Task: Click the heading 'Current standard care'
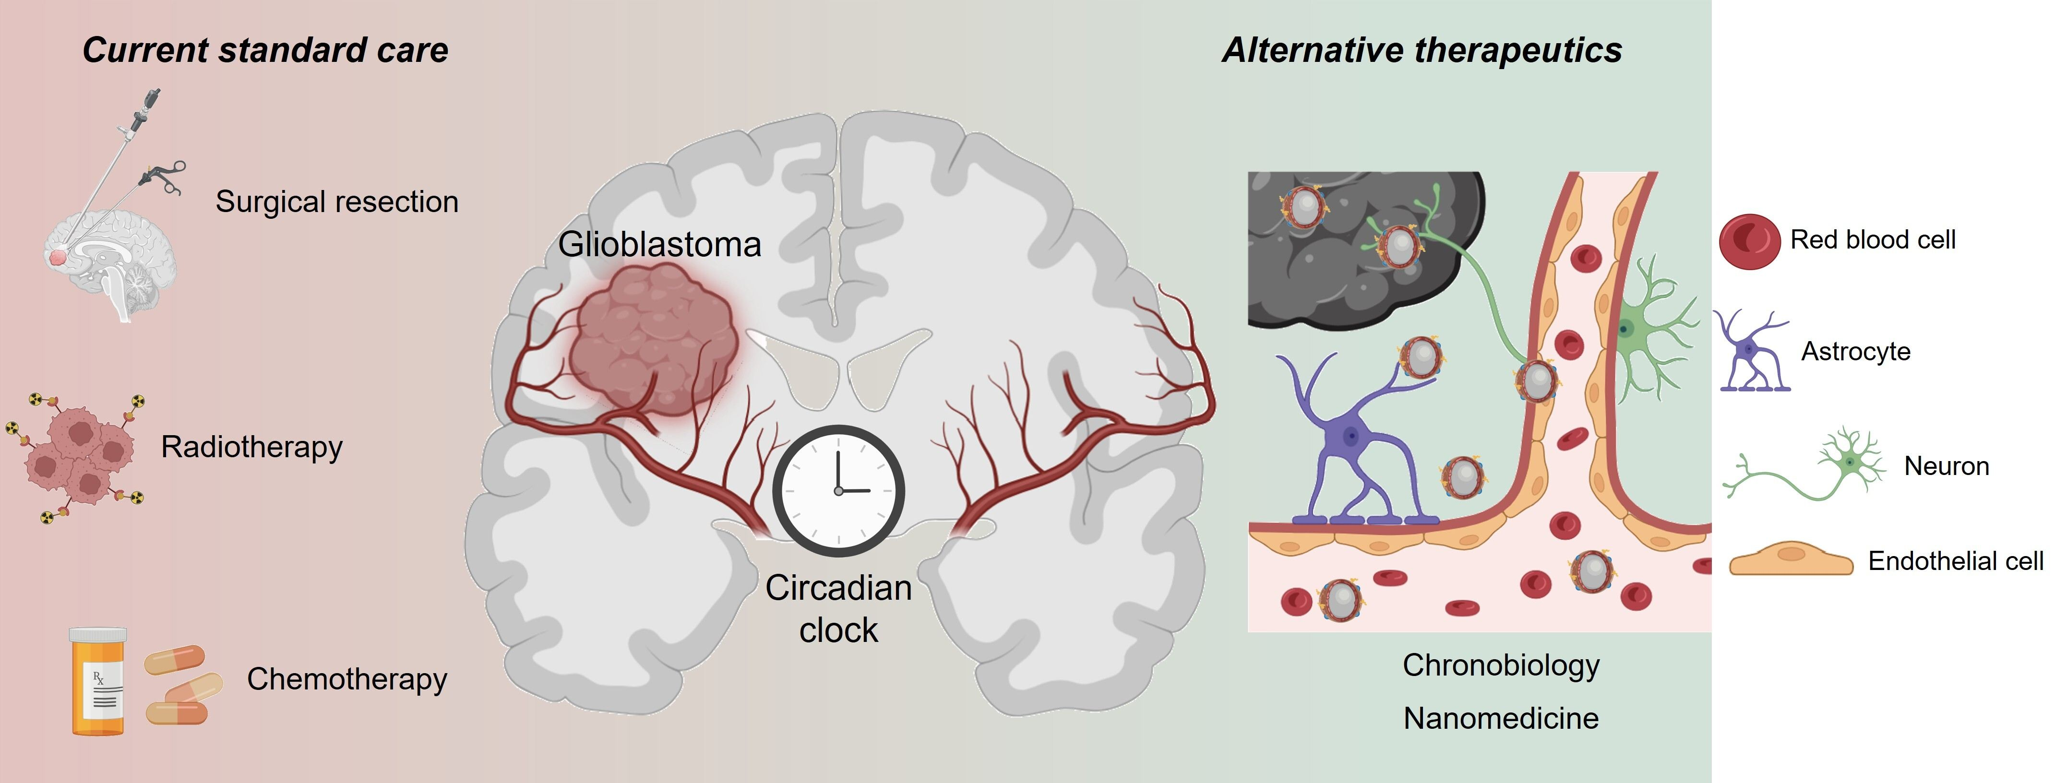point(265,50)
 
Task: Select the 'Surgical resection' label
point(337,202)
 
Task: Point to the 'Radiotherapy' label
point(252,447)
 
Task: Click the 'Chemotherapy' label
point(346,679)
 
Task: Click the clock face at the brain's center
point(838,490)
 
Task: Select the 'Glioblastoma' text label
point(659,244)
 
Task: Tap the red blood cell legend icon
point(1749,241)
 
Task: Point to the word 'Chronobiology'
point(1501,665)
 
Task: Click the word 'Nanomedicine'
point(1501,718)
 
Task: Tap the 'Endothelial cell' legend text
point(1956,561)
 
